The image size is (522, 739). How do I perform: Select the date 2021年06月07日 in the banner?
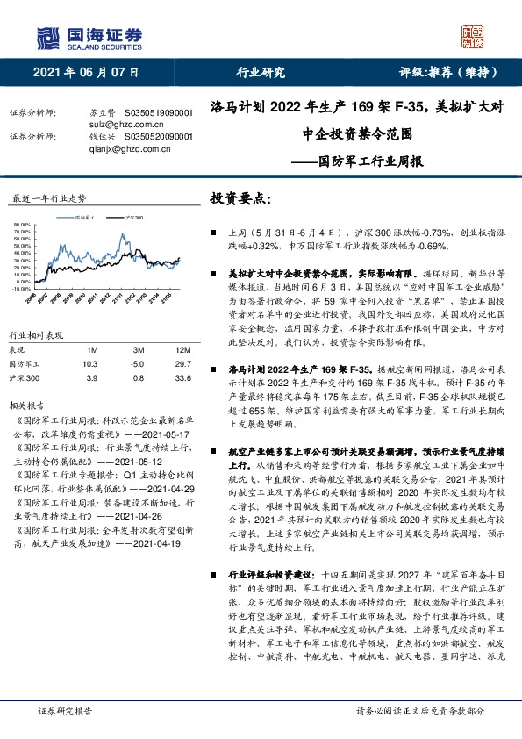[86, 73]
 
